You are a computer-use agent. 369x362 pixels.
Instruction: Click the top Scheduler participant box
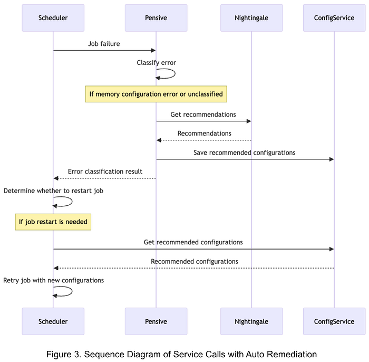click(53, 18)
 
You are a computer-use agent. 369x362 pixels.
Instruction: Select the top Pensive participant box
click(156, 18)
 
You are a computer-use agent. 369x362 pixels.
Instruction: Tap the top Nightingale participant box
click(251, 18)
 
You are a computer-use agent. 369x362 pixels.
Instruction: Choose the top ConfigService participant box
click(334, 18)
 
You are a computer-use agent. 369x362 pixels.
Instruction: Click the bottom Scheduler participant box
click(53, 321)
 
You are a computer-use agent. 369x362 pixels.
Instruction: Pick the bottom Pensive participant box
click(156, 321)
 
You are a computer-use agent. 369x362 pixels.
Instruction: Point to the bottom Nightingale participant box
click(251, 321)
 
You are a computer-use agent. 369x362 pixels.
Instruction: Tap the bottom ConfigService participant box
click(334, 321)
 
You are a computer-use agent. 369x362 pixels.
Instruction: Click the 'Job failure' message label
click(104, 44)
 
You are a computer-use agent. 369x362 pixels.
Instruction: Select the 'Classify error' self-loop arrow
click(175, 73)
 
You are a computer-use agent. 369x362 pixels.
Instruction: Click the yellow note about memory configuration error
click(156, 94)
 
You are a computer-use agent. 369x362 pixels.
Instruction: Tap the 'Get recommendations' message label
click(203, 115)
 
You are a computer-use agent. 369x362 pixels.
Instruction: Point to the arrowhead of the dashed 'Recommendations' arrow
click(159, 140)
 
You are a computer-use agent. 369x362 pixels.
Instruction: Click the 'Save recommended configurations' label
click(244, 153)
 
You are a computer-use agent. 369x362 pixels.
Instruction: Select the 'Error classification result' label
click(105, 172)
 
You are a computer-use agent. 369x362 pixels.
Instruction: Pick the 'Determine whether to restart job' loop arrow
click(72, 202)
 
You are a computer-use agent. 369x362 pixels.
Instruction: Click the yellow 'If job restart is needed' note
click(53, 222)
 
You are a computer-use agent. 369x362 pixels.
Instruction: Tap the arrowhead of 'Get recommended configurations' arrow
click(332, 249)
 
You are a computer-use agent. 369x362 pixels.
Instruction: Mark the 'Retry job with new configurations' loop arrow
click(72, 291)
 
